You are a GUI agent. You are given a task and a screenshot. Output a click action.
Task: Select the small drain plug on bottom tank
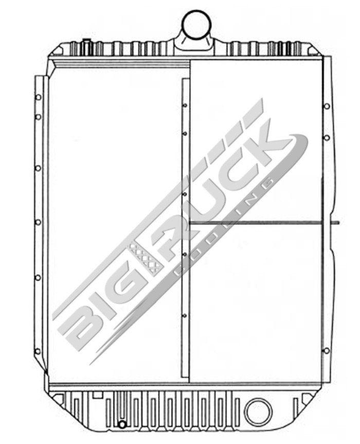pyautogui.click(x=122, y=424)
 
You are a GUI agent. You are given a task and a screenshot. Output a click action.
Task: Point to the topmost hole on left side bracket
pyautogui.click(x=38, y=97)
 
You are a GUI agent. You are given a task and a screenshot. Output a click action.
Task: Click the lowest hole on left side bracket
pyautogui.click(x=38, y=352)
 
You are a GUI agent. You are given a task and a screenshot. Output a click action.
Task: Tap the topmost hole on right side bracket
pyautogui.click(x=326, y=106)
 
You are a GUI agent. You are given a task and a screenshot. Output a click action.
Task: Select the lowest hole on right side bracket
pyautogui.click(x=326, y=350)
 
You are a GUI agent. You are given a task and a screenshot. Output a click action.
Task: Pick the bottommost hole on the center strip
pyautogui.click(x=185, y=315)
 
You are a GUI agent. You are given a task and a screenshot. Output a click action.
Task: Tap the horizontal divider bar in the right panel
pyautogui.click(x=256, y=223)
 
